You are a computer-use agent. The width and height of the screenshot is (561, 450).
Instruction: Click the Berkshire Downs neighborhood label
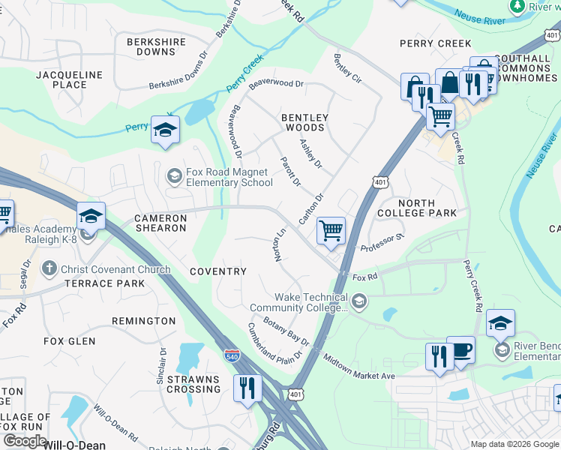[156, 47]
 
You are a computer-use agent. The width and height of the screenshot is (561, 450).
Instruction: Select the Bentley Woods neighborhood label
[304, 122]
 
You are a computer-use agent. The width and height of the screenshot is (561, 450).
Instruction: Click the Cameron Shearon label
[160, 223]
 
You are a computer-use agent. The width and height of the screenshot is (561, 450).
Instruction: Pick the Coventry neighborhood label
[217, 271]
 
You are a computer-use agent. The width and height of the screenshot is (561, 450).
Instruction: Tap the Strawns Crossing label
[193, 383]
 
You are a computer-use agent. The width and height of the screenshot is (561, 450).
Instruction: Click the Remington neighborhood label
[143, 321]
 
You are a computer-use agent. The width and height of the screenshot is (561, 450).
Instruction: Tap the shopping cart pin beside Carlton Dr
[331, 230]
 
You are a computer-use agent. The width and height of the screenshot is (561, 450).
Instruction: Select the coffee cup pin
[460, 350]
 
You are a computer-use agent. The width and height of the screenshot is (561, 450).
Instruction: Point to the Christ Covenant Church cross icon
[49, 268]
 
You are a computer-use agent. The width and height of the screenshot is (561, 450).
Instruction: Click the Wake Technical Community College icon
[358, 301]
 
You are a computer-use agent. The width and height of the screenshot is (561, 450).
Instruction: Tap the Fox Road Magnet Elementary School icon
[174, 176]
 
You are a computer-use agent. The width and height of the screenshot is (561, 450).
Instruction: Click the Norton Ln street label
[280, 244]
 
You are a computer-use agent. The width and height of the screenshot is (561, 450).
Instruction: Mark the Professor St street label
[382, 242]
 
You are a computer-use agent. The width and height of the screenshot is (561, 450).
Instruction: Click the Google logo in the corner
[25, 440]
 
